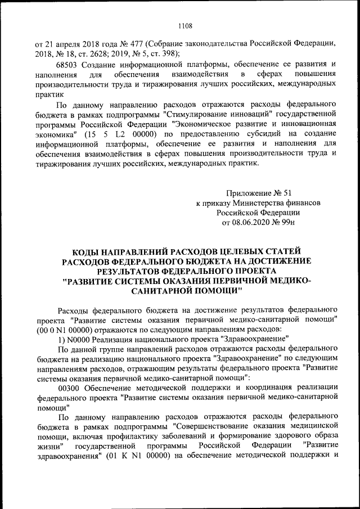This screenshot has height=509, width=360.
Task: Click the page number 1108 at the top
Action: pos(185,25)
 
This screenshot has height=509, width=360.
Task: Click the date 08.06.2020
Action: pos(256,224)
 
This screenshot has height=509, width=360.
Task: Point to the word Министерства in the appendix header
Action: pos(253,204)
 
